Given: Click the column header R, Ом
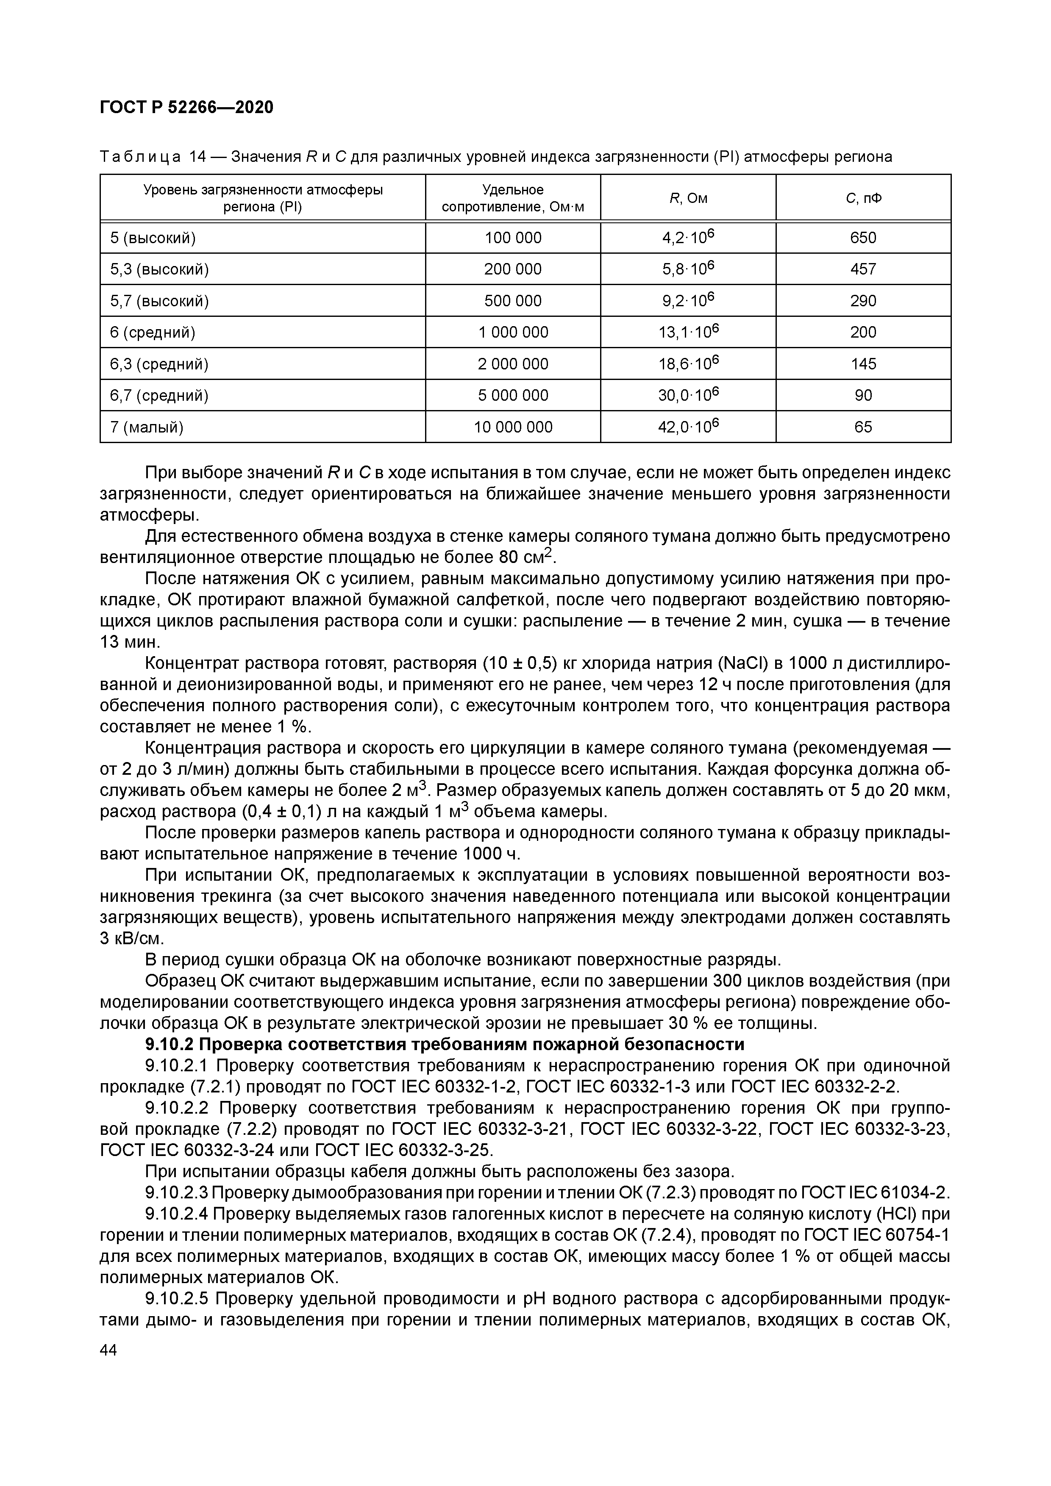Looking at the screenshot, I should point(688,199).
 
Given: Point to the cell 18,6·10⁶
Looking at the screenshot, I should point(688,364).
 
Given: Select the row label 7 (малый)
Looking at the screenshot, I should point(147,427).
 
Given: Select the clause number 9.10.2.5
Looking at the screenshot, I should point(178,1317).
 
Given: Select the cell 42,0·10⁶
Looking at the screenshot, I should point(688,427).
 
